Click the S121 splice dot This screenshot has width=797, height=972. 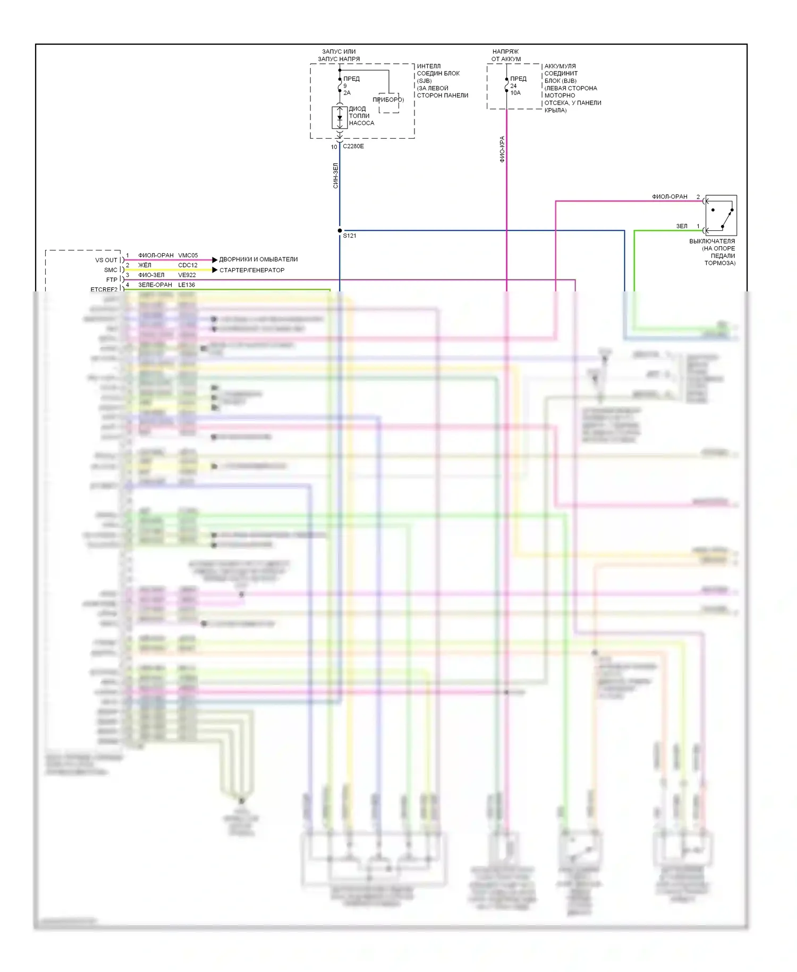tap(340, 231)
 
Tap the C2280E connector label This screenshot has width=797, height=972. tap(353, 146)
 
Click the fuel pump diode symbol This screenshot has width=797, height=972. tap(340, 117)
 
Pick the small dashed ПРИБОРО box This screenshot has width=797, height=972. tap(388, 103)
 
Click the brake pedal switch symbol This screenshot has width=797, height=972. tap(721, 215)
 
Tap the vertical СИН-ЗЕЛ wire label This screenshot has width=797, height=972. tap(335, 175)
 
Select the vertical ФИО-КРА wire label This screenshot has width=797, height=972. tap(502, 149)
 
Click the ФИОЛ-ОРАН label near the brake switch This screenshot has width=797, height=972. tap(669, 197)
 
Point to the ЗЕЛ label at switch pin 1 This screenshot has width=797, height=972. tap(682, 226)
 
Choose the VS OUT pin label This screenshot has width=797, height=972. tap(106, 260)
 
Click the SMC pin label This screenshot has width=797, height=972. tap(111, 270)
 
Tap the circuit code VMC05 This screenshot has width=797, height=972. tap(188, 255)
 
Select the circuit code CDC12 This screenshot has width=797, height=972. tap(188, 265)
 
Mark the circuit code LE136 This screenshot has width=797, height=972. tap(186, 285)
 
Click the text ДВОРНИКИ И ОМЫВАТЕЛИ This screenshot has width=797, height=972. tap(258, 259)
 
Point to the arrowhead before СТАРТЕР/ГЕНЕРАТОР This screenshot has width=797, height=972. tap(215, 270)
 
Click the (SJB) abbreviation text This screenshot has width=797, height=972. tap(425, 81)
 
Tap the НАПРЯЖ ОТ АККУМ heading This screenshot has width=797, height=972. tap(506, 55)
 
